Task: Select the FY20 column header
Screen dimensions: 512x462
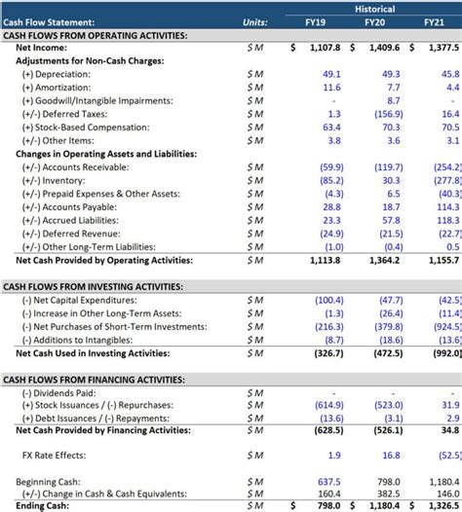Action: click(374, 21)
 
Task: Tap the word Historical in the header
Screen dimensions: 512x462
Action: click(374, 7)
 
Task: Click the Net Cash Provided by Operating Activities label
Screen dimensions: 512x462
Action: click(104, 261)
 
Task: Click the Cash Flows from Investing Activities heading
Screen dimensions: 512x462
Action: click(93, 287)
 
